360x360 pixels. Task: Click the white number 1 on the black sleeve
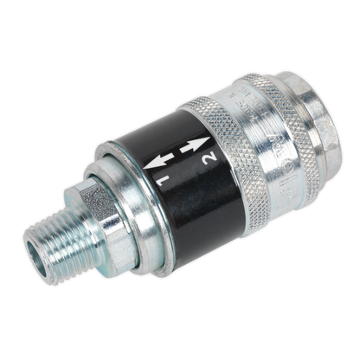click(162, 180)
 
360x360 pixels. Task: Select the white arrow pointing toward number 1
click(158, 161)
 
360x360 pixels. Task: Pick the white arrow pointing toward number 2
click(196, 145)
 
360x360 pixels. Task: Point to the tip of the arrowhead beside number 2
click(210, 138)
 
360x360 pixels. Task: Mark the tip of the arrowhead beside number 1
click(144, 168)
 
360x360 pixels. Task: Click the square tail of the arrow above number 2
click(183, 149)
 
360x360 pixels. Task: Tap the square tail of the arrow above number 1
click(171, 157)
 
